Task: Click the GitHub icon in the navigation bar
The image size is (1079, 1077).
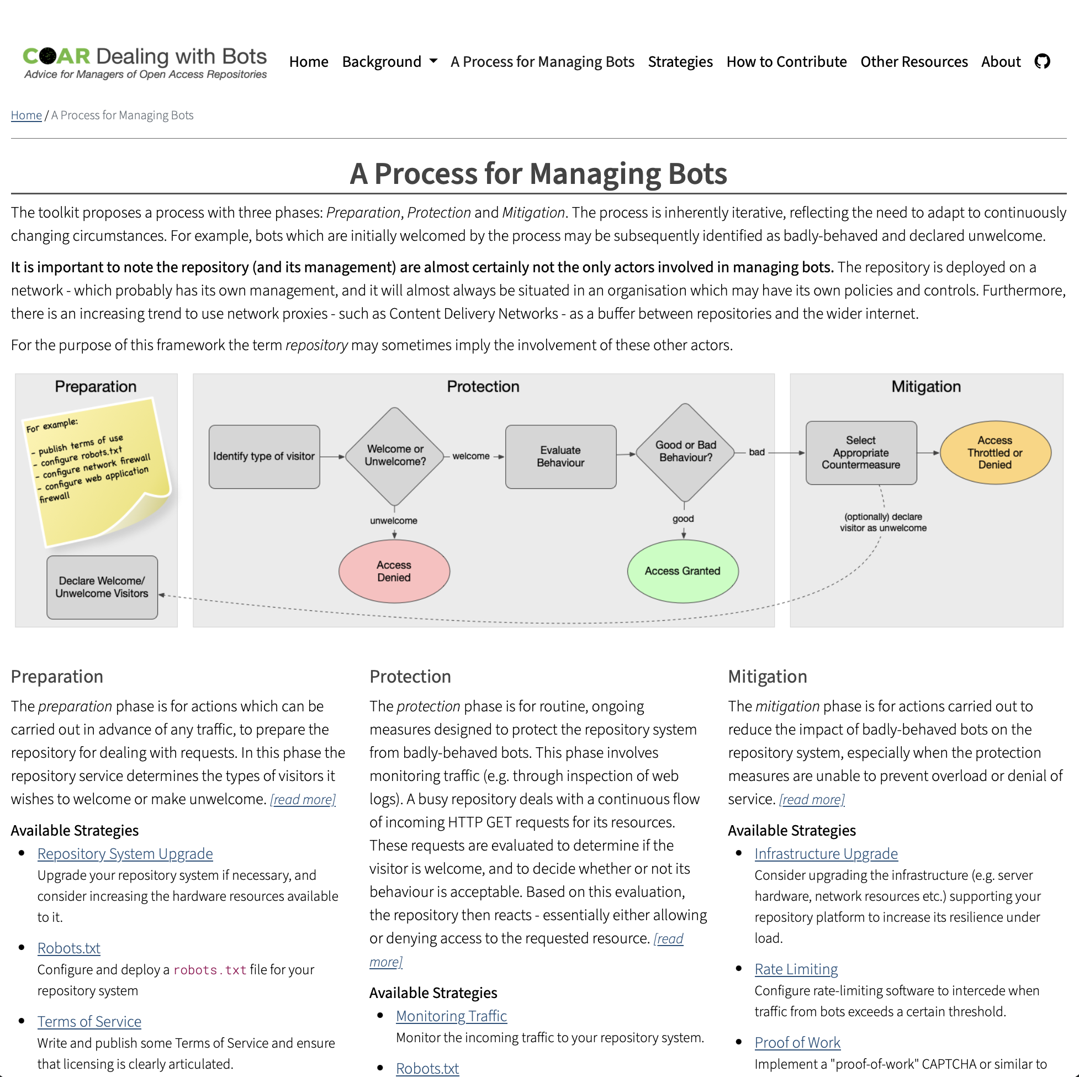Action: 1041,61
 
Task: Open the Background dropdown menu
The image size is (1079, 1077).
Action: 389,61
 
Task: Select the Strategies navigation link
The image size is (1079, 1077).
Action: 680,61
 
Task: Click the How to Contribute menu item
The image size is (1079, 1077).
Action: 786,61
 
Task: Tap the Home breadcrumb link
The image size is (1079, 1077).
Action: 27,115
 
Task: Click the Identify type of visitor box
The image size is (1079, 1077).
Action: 264,456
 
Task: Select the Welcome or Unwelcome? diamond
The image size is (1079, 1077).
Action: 395,456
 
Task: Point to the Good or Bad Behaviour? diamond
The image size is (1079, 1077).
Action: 685,452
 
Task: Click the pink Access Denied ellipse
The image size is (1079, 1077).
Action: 394,571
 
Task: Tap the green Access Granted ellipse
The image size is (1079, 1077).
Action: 683,571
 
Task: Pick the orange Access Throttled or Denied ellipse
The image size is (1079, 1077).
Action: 995,452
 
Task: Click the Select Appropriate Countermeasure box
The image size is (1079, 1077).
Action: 861,452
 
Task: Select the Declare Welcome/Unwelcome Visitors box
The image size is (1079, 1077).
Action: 102,587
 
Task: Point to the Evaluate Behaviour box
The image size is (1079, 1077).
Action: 560,456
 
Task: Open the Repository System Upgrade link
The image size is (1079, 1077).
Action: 125,853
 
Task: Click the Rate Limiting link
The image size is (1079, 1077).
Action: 796,969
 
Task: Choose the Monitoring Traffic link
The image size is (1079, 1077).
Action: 451,1016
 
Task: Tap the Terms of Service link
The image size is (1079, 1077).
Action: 89,1022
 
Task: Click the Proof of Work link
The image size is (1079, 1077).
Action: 797,1042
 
